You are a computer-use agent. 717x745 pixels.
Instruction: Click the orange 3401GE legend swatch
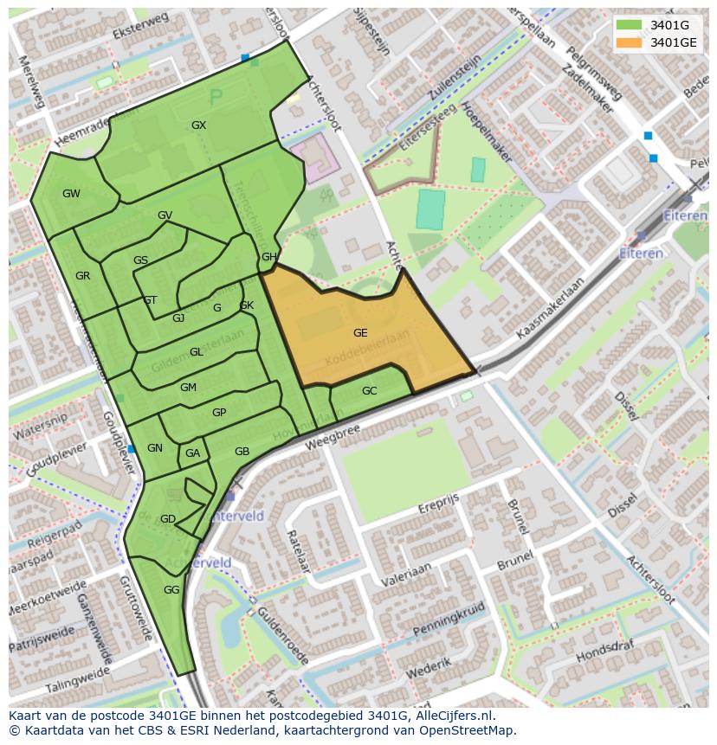(x=630, y=42)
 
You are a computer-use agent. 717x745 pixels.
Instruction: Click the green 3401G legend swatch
(x=630, y=25)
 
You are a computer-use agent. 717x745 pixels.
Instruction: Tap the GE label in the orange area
(x=360, y=332)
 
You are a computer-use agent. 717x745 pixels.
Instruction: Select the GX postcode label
(x=198, y=125)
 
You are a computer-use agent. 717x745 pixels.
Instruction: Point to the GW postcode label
(x=71, y=194)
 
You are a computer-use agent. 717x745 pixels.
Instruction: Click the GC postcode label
(x=369, y=391)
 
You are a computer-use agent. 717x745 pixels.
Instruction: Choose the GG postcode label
(x=171, y=590)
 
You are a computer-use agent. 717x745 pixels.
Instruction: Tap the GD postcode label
(x=168, y=519)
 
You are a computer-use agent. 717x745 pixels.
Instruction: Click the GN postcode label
(x=155, y=448)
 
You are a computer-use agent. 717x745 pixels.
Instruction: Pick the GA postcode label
(x=192, y=453)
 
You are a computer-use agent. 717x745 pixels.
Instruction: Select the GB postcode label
(x=242, y=452)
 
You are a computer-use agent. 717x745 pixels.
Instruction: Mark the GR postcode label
(x=82, y=276)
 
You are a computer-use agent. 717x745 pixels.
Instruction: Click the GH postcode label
(x=269, y=257)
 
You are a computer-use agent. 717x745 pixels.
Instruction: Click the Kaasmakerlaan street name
(x=549, y=309)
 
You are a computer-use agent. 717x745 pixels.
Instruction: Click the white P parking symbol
(x=216, y=97)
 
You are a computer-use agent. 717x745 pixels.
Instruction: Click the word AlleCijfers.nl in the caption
(x=454, y=716)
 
